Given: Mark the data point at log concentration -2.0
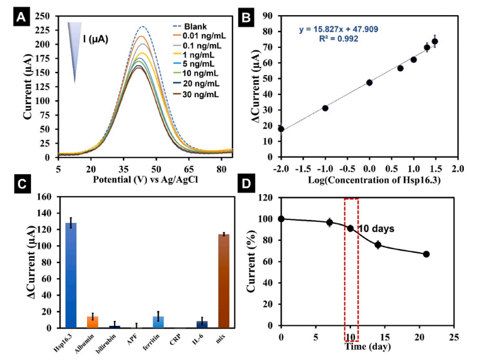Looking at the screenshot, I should [281, 129].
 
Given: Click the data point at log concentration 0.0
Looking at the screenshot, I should [369, 83].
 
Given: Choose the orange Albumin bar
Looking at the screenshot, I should [93, 322].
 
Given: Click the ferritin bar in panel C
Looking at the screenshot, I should [159, 322].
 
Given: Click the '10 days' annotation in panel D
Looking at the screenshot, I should [377, 228].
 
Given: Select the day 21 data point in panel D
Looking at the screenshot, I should [427, 254].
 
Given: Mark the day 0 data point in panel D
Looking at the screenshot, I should [281, 219].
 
